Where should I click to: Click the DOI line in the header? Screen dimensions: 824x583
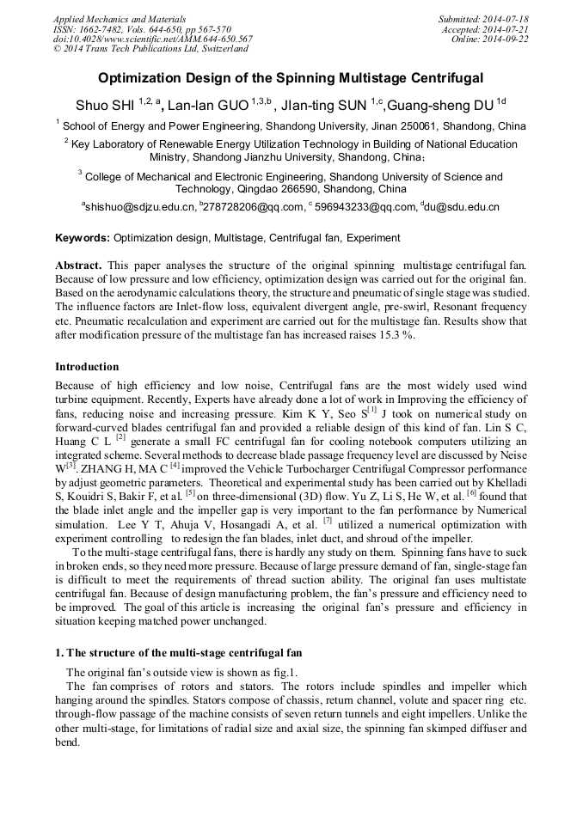coord(153,40)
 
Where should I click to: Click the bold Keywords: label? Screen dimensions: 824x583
coord(83,237)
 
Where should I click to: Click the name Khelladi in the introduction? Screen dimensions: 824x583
coord(501,482)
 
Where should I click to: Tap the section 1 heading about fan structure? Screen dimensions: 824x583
coord(178,653)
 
